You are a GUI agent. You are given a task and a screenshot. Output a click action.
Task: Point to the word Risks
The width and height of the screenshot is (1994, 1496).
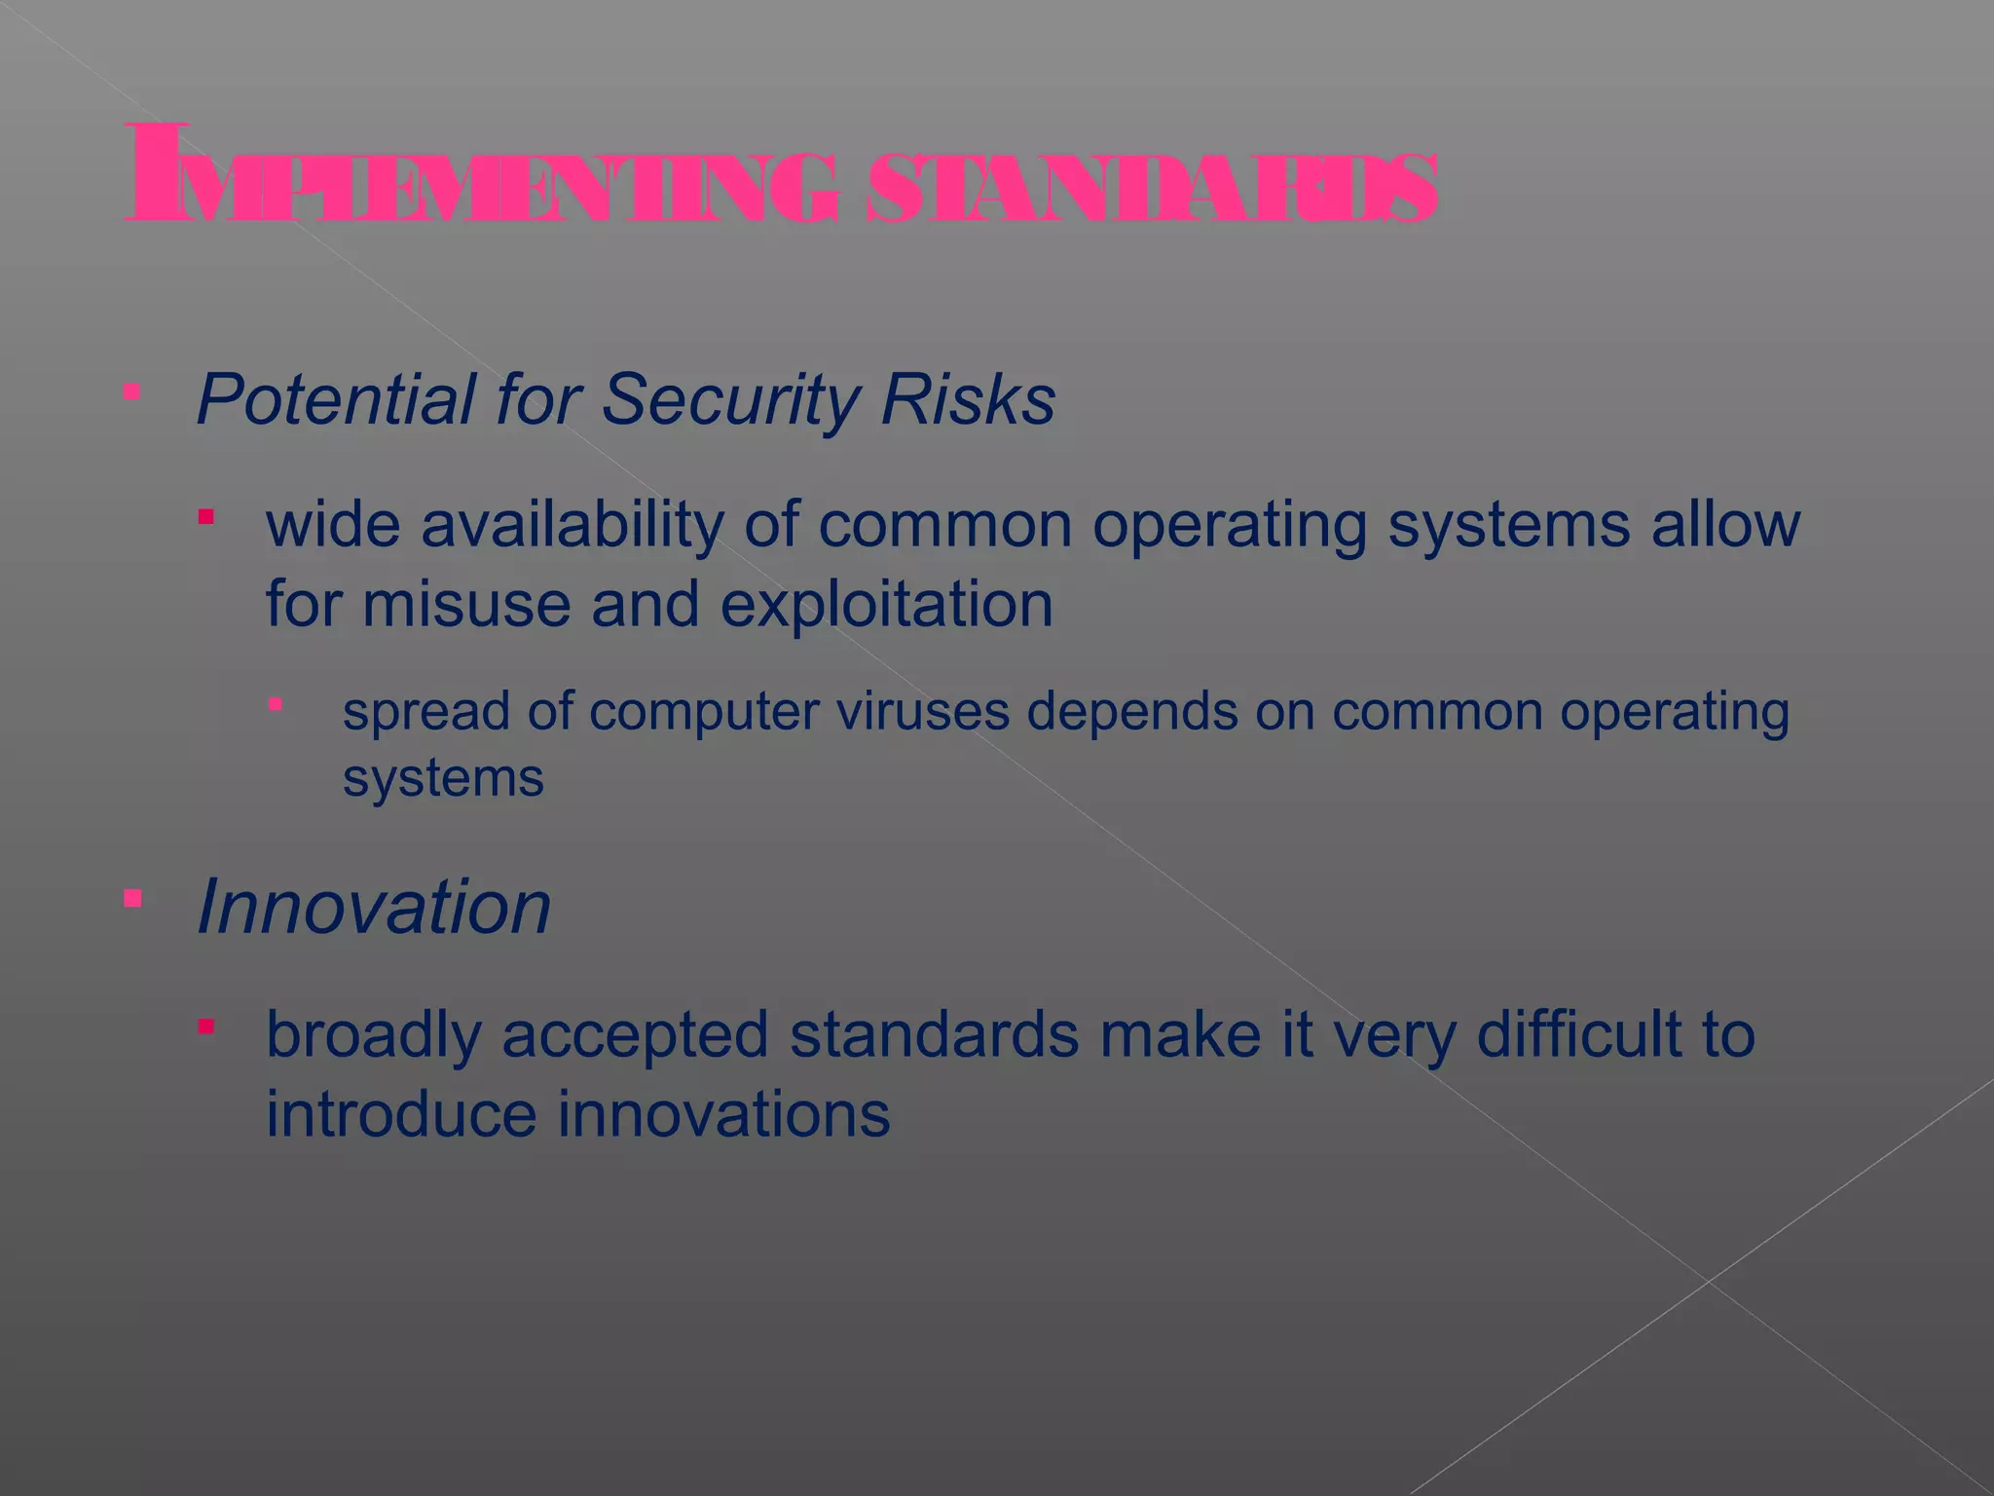pyautogui.click(x=968, y=399)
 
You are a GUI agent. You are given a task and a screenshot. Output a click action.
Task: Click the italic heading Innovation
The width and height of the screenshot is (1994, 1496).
pyautogui.click(x=374, y=907)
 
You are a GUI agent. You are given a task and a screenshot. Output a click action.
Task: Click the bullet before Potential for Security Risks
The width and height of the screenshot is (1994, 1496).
pyautogui.click(x=132, y=392)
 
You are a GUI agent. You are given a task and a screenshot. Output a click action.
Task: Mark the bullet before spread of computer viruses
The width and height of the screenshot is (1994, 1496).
pyautogui.click(x=277, y=704)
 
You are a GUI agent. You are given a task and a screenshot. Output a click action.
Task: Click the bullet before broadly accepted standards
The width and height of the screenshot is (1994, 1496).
pyautogui.click(x=205, y=1027)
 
